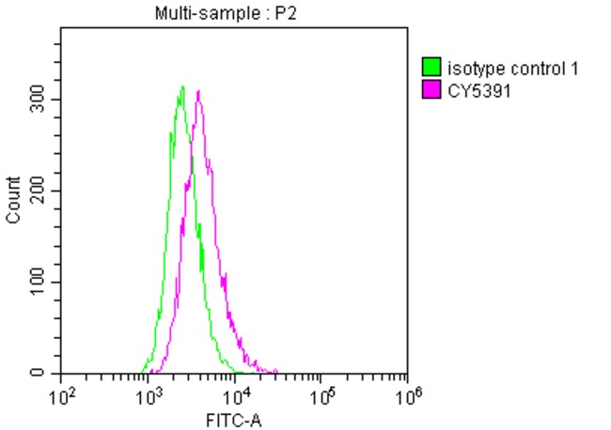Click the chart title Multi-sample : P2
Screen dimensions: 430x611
(235, 12)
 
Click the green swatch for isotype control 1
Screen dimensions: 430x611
(431, 68)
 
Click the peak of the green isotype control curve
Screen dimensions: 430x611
(182, 86)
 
